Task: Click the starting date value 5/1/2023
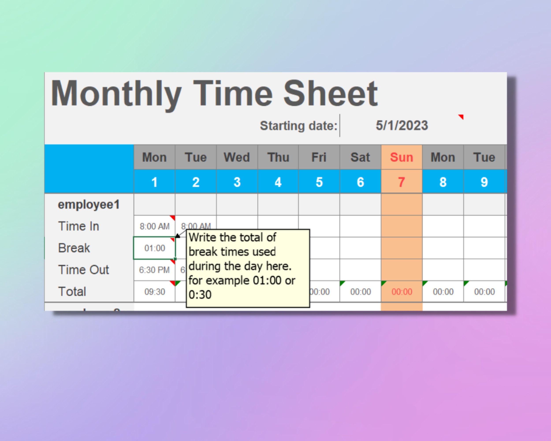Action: click(x=402, y=125)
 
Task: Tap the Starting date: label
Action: click(x=298, y=126)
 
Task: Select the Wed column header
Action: click(x=237, y=157)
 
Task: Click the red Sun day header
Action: click(x=402, y=157)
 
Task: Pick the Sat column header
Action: click(x=360, y=157)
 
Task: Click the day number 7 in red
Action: click(x=402, y=182)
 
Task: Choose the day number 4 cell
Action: click(x=278, y=182)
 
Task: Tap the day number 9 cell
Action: click(x=484, y=182)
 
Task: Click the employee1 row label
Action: click(x=89, y=205)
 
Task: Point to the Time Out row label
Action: click(x=84, y=270)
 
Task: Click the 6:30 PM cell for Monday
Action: click(x=154, y=270)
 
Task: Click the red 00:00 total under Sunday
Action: click(x=402, y=292)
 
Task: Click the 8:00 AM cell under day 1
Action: click(x=154, y=226)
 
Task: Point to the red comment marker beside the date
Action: click(x=461, y=117)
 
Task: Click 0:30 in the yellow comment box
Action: click(x=200, y=295)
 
